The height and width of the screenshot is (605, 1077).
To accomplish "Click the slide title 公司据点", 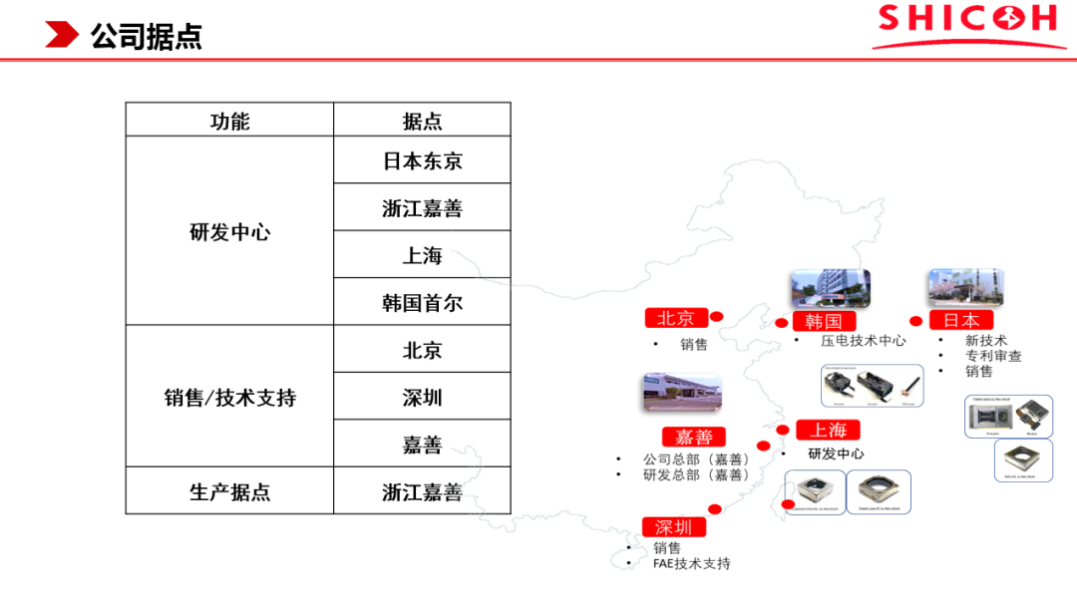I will [146, 37].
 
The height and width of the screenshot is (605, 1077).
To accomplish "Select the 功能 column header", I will [229, 121].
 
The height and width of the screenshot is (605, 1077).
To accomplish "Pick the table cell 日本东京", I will [422, 160].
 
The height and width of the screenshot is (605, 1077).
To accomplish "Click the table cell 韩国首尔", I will [422, 302].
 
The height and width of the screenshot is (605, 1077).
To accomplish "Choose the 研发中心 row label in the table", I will [229, 232].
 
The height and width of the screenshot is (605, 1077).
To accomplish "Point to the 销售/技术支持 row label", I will [229, 397].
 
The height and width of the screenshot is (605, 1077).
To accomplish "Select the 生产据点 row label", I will [229, 491].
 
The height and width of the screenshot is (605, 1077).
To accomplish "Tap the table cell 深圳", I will [422, 397].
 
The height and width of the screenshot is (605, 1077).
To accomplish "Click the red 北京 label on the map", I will [675, 318].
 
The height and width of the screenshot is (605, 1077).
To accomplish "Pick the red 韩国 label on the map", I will [824, 321].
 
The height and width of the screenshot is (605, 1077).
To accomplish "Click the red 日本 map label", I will [960, 320].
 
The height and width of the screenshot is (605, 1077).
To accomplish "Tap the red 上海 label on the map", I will [828, 430].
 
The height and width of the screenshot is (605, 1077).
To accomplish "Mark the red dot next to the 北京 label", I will [716, 317].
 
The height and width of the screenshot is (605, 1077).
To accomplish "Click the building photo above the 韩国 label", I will [830, 288].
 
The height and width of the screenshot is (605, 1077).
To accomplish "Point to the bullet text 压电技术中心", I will [864, 340].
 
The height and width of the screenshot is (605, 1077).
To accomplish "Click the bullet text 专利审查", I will [993, 356].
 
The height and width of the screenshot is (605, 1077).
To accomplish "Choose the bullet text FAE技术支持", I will [692, 563].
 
